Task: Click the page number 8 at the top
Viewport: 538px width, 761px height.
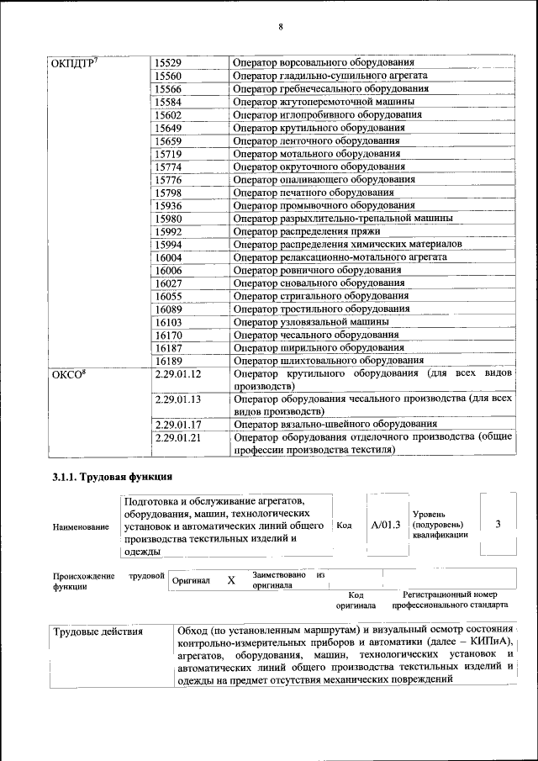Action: pyautogui.click(x=281, y=27)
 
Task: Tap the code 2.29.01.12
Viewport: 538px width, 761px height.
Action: pyautogui.click(x=178, y=373)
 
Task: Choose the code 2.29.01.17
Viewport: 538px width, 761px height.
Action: pyautogui.click(x=178, y=425)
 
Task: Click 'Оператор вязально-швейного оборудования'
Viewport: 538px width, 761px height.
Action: pyautogui.click(x=335, y=425)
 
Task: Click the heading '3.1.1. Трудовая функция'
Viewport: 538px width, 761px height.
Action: pyautogui.click(x=113, y=478)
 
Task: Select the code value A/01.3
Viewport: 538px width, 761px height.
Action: pyautogui.click(x=386, y=525)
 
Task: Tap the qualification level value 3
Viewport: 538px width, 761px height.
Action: pyautogui.click(x=498, y=525)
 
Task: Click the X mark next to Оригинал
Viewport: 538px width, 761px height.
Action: pyautogui.click(x=230, y=580)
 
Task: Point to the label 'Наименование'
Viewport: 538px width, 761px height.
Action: pyautogui.click(x=81, y=526)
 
